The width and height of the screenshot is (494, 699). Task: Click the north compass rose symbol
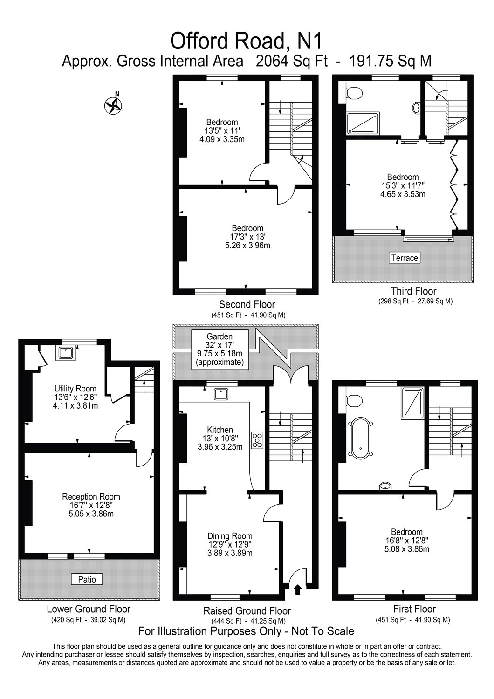[x=113, y=105]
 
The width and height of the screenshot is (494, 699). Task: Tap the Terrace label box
[x=405, y=258]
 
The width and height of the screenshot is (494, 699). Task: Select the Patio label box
[x=87, y=580]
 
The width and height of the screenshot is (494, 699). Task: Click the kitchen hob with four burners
[x=257, y=440]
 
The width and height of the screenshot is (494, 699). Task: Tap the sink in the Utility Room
[x=66, y=353]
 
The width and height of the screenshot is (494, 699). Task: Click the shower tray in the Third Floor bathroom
[x=363, y=123]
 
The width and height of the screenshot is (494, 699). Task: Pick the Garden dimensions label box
[x=220, y=349]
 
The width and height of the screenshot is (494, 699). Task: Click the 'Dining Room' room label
[x=230, y=535]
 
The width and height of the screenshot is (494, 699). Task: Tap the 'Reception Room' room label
[x=91, y=496]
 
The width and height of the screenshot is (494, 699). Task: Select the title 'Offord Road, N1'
[x=246, y=41]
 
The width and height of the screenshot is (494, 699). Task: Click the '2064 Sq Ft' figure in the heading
[x=291, y=61]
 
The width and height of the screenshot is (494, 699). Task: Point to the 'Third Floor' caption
[x=413, y=291]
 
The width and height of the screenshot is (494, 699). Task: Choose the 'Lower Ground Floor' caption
[x=89, y=609]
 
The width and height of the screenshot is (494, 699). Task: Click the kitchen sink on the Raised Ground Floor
[x=221, y=394]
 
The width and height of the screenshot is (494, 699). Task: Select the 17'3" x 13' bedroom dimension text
[x=248, y=237]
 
